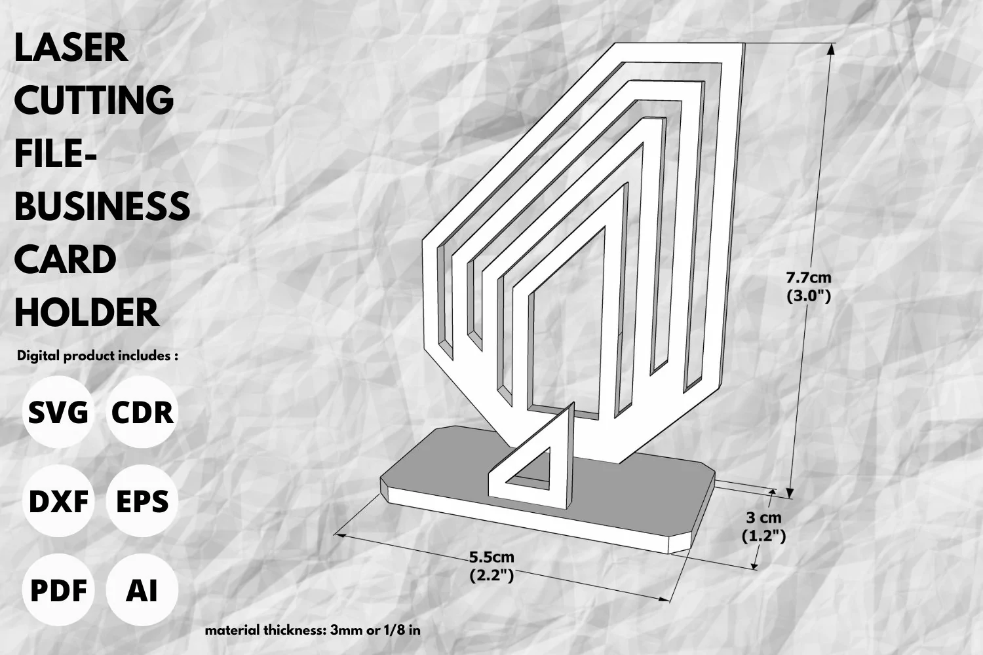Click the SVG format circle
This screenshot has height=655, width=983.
(x=58, y=412)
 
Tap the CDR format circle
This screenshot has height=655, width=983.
(x=142, y=412)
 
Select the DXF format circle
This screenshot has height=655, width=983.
(x=58, y=501)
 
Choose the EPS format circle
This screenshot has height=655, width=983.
(x=142, y=501)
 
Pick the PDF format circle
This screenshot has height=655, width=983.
(x=58, y=590)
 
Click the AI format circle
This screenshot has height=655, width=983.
(x=142, y=590)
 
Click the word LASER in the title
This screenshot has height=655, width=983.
(x=71, y=48)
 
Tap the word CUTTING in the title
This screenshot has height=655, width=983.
(x=94, y=100)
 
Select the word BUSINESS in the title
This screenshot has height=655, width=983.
(x=102, y=206)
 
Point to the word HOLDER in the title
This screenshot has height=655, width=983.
(x=87, y=312)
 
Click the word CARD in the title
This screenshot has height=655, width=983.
(x=66, y=259)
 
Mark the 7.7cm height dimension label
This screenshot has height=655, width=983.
(x=808, y=278)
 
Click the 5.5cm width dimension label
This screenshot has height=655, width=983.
(x=491, y=557)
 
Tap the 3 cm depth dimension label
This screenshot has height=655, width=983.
(x=763, y=517)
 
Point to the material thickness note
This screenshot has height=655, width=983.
(x=313, y=630)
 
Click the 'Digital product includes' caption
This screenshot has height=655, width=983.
(x=98, y=356)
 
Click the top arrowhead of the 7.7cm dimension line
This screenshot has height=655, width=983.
(x=830, y=49)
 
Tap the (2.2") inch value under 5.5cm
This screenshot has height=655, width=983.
(x=491, y=576)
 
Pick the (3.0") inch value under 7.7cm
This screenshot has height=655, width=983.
(x=809, y=296)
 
